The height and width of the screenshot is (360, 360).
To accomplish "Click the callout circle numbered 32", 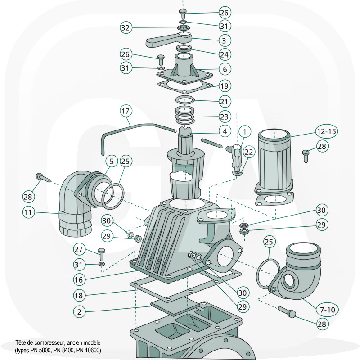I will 126,27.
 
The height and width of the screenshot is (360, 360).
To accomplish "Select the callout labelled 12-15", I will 327,131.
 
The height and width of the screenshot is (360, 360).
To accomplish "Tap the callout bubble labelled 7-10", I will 328,309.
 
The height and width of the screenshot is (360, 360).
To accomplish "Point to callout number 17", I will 126,110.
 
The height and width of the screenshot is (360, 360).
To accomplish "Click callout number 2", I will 79,310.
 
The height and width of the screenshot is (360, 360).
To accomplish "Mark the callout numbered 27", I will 79,248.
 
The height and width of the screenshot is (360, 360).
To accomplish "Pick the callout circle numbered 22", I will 248,152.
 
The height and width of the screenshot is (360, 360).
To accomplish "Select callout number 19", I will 224,85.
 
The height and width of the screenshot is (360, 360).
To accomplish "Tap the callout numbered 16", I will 79,279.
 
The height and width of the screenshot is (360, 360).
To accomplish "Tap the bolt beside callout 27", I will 101,252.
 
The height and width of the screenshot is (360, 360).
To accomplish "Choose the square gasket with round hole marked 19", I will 185,85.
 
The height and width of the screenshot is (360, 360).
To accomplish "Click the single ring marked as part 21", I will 185,100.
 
